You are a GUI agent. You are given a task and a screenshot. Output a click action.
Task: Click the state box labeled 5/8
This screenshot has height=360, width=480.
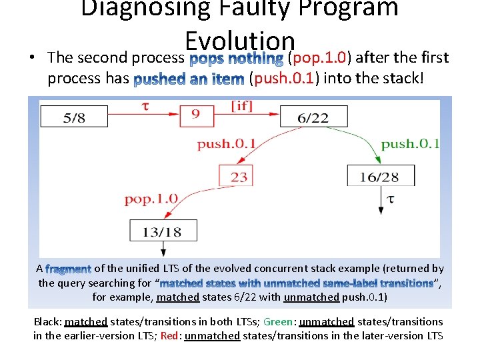click(x=74, y=117)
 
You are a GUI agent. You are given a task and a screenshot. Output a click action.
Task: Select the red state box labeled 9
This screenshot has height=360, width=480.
click(x=195, y=115)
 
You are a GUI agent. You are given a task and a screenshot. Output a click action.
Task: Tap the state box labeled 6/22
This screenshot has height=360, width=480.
click(x=313, y=117)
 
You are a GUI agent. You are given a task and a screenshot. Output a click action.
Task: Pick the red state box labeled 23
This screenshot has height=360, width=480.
click(x=239, y=177)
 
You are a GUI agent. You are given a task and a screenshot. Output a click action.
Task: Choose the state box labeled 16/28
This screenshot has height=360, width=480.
click(x=381, y=176)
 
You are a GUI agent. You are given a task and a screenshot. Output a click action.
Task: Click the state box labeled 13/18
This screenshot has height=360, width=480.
click(x=163, y=231)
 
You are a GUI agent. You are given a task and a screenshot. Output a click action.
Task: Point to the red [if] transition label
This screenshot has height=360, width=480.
click(x=241, y=106)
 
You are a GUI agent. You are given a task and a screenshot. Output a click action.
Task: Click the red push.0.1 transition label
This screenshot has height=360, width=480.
click(x=227, y=144)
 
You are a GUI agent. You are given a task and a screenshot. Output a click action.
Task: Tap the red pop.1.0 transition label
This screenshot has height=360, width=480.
click(x=151, y=198)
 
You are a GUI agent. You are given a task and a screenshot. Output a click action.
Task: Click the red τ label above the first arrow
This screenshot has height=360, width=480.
click(x=145, y=106)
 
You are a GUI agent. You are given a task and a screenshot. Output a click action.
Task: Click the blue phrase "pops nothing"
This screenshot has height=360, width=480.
click(x=237, y=59)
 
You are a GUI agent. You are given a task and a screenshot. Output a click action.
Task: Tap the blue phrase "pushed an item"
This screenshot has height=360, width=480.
click(x=189, y=79)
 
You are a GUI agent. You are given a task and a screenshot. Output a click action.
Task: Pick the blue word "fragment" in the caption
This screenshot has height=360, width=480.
click(x=69, y=269)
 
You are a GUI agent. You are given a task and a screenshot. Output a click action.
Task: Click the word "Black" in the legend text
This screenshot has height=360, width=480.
click(x=47, y=321)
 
